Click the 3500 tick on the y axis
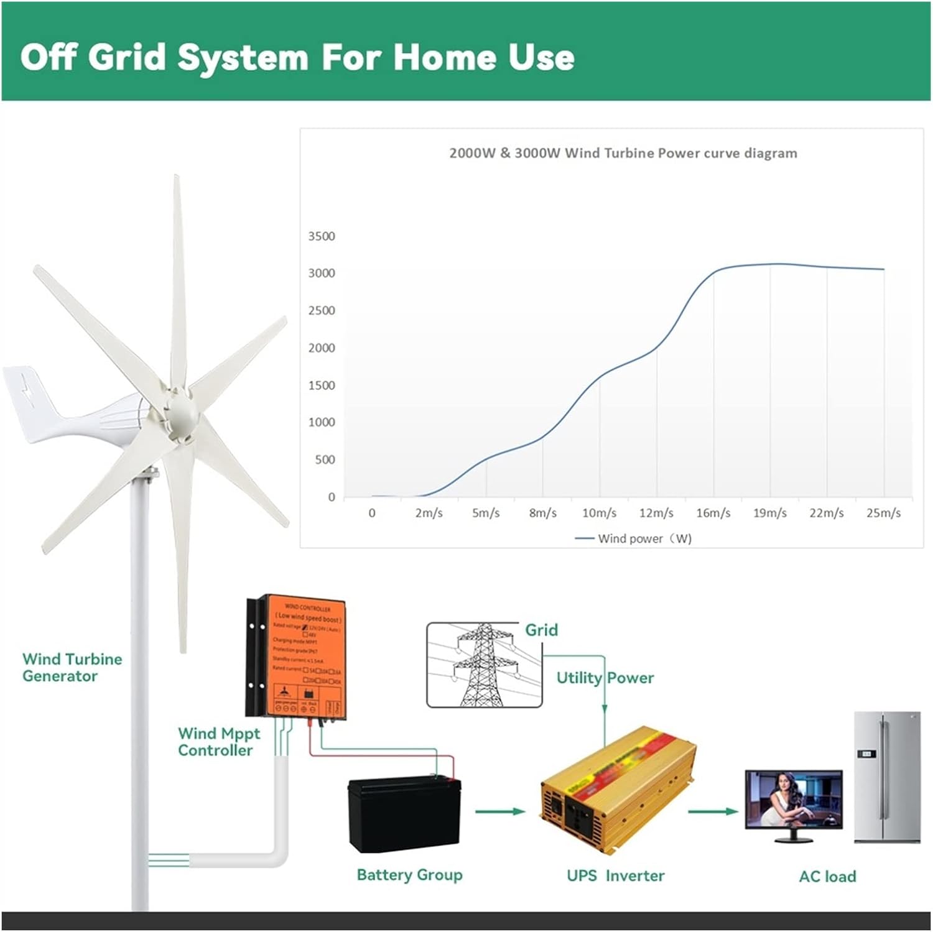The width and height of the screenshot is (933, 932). point(321,236)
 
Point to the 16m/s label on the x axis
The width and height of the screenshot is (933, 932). point(713,513)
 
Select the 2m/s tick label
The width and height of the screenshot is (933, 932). point(429,513)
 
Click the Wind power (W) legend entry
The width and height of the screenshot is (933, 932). point(634,538)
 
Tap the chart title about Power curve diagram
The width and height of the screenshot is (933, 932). point(623,153)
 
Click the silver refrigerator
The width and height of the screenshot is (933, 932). point(886,777)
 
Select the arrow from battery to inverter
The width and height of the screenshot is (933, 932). point(500,811)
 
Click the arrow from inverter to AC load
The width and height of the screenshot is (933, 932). point(713,811)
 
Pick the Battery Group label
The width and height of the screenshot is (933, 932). point(409,875)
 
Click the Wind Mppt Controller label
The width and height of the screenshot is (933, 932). point(218,742)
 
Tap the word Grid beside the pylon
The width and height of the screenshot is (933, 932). point(541,630)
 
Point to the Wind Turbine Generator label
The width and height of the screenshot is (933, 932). point(72,667)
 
